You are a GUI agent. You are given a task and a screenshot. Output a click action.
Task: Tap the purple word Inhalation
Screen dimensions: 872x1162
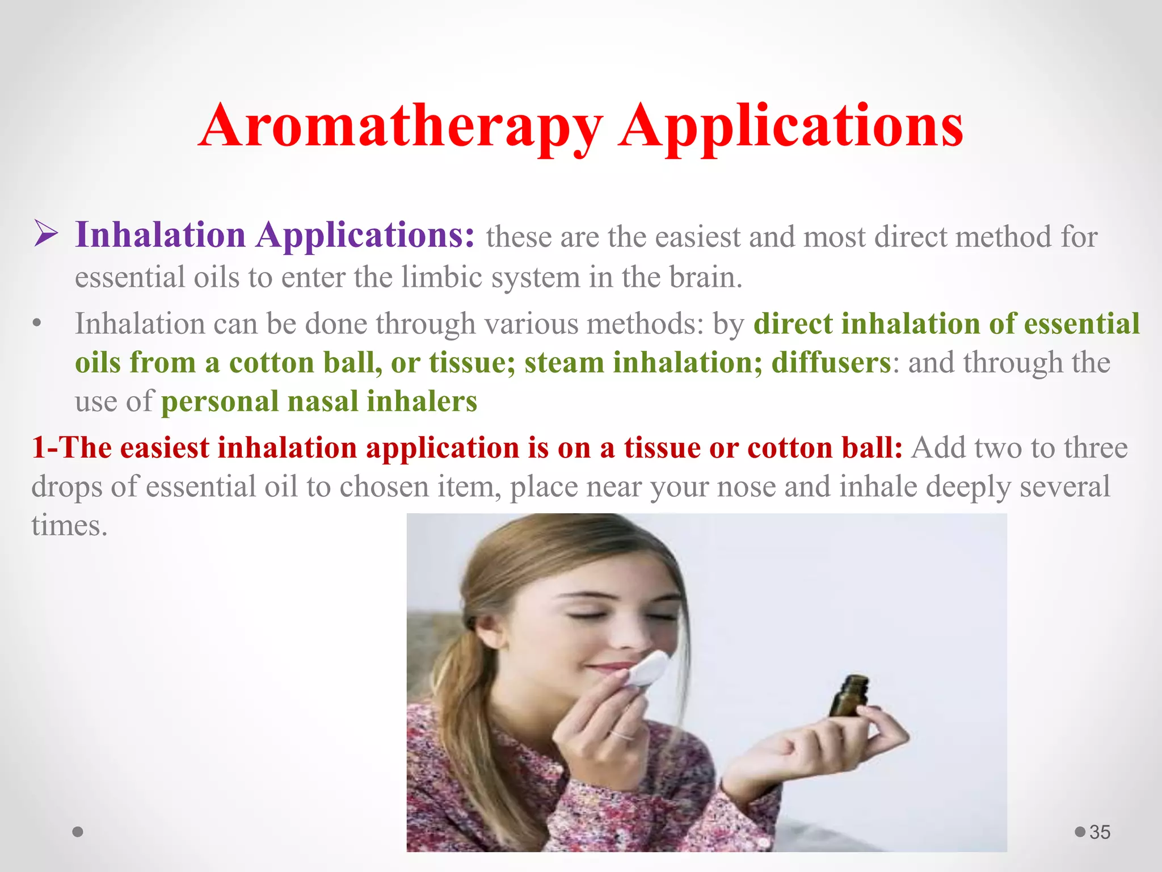click(x=161, y=234)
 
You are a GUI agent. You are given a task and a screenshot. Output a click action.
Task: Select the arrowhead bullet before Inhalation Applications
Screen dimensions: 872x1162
click(x=45, y=234)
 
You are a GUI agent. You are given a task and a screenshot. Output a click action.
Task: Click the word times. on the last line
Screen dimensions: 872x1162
click(x=69, y=526)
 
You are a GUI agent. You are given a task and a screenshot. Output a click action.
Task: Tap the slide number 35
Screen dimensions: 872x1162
click(x=1100, y=832)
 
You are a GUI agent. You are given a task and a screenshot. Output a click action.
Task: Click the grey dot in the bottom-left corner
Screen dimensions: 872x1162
click(x=78, y=832)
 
